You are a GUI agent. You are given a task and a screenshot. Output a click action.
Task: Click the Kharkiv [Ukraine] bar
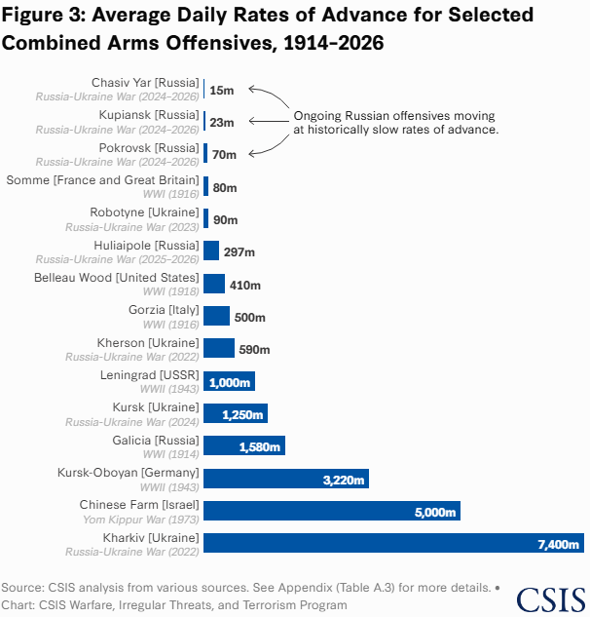click(x=393, y=543)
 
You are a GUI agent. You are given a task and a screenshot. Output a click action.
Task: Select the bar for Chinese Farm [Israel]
click(x=332, y=511)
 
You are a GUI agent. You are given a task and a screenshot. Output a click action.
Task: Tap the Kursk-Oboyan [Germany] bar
click(x=287, y=479)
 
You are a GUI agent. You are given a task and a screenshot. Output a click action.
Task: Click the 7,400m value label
click(x=558, y=544)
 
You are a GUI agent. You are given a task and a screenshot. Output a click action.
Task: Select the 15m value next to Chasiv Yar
click(x=222, y=90)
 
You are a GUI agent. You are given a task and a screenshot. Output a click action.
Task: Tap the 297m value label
click(x=240, y=251)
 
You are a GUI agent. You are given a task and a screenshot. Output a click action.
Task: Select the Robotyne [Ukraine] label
click(x=144, y=212)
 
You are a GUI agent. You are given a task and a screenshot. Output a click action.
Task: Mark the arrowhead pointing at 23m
click(x=252, y=122)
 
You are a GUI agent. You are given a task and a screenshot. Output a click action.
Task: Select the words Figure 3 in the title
click(x=43, y=16)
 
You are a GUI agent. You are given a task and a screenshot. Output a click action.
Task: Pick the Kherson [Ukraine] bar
click(x=219, y=349)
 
